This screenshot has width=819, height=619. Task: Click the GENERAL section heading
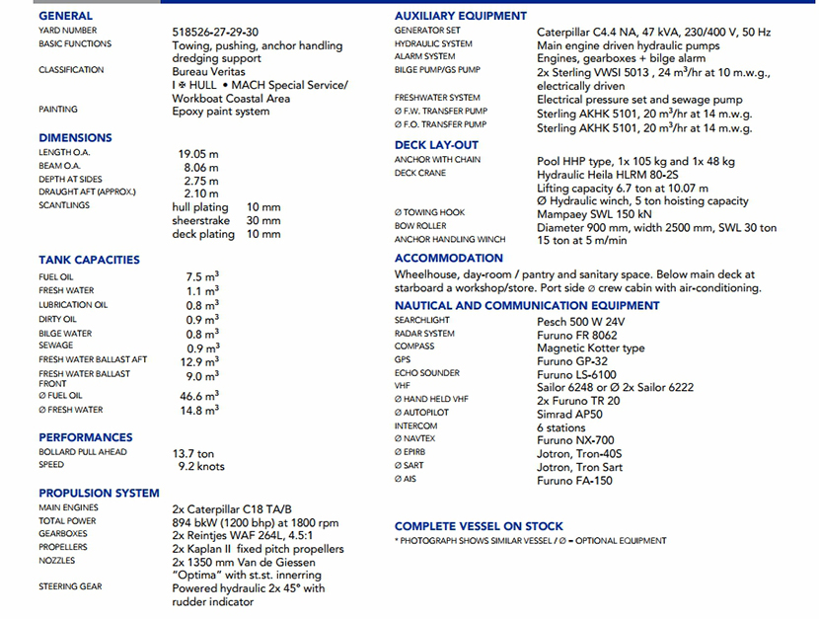(65, 16)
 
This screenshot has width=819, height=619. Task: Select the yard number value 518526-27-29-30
(215, 32)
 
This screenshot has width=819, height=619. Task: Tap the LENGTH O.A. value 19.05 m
(198, 154)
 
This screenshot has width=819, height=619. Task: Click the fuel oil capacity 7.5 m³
(202, 277)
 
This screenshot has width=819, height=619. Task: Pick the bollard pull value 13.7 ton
(193, 453)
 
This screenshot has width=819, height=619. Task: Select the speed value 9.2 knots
(201, 466)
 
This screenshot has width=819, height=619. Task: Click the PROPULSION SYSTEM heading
(99, 493)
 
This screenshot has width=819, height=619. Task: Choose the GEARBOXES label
(63, 534)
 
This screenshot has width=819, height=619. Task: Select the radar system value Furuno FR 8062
(577, 335)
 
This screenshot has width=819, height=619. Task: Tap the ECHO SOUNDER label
(426, 374)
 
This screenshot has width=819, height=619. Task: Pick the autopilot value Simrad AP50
(569, 414)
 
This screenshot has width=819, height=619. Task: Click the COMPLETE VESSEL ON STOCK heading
(479, 526)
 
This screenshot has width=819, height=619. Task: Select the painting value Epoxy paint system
(220, 112)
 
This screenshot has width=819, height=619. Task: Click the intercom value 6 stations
(561, 427)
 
